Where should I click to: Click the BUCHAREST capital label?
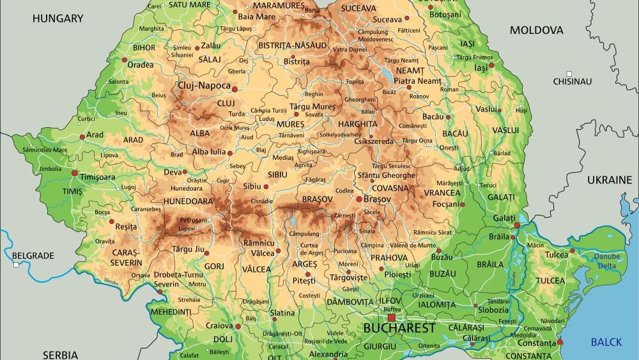399,328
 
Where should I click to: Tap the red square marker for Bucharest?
391,317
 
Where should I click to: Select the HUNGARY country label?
58,19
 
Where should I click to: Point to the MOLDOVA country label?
536,30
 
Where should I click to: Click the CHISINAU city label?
573,81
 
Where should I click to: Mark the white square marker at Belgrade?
15,264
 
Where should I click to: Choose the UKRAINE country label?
609,180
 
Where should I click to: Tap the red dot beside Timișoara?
75,173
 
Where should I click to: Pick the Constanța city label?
537,343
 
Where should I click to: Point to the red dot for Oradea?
125,60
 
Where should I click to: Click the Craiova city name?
219,325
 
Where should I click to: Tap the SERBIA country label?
61,354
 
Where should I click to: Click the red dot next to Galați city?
516,225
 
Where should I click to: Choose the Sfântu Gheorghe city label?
387,175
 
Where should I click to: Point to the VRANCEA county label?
443,192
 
